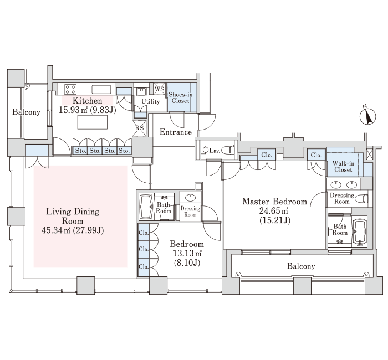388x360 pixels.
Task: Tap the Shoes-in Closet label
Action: (x=180, y=97)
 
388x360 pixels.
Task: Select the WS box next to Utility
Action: (x=160, y=89)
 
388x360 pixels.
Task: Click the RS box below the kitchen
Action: (x=140, y=128)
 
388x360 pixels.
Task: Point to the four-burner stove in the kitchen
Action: (x=70, y=89)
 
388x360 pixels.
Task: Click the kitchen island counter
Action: (x=93, y=122)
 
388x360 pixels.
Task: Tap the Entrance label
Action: (x=176, y=132)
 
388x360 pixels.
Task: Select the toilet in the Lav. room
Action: (x=228, y=150)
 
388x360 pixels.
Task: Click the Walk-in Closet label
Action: (x=343, y=166)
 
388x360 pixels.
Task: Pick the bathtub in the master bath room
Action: (x=360, y=232)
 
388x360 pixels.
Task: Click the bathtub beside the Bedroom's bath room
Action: (x=146, y=207)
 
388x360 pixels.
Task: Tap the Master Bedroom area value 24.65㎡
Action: (x=273, y=211)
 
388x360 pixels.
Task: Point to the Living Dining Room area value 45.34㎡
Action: (x=56, y=230)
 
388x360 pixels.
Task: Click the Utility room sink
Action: (x=141, y=92)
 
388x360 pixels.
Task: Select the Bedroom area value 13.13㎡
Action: (x=187, y=253)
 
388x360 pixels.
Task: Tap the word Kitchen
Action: (x=87, y=101)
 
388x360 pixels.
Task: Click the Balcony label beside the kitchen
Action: (x=26, y=112)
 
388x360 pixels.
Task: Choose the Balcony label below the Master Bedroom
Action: (x=301, y=266)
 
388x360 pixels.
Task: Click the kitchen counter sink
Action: (x=101, y=89)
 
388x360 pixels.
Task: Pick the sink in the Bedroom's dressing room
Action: (x=190, y=198)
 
